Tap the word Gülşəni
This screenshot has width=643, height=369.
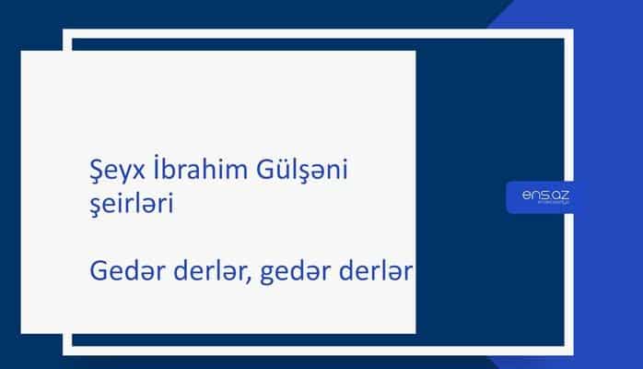[x=300, y=172]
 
